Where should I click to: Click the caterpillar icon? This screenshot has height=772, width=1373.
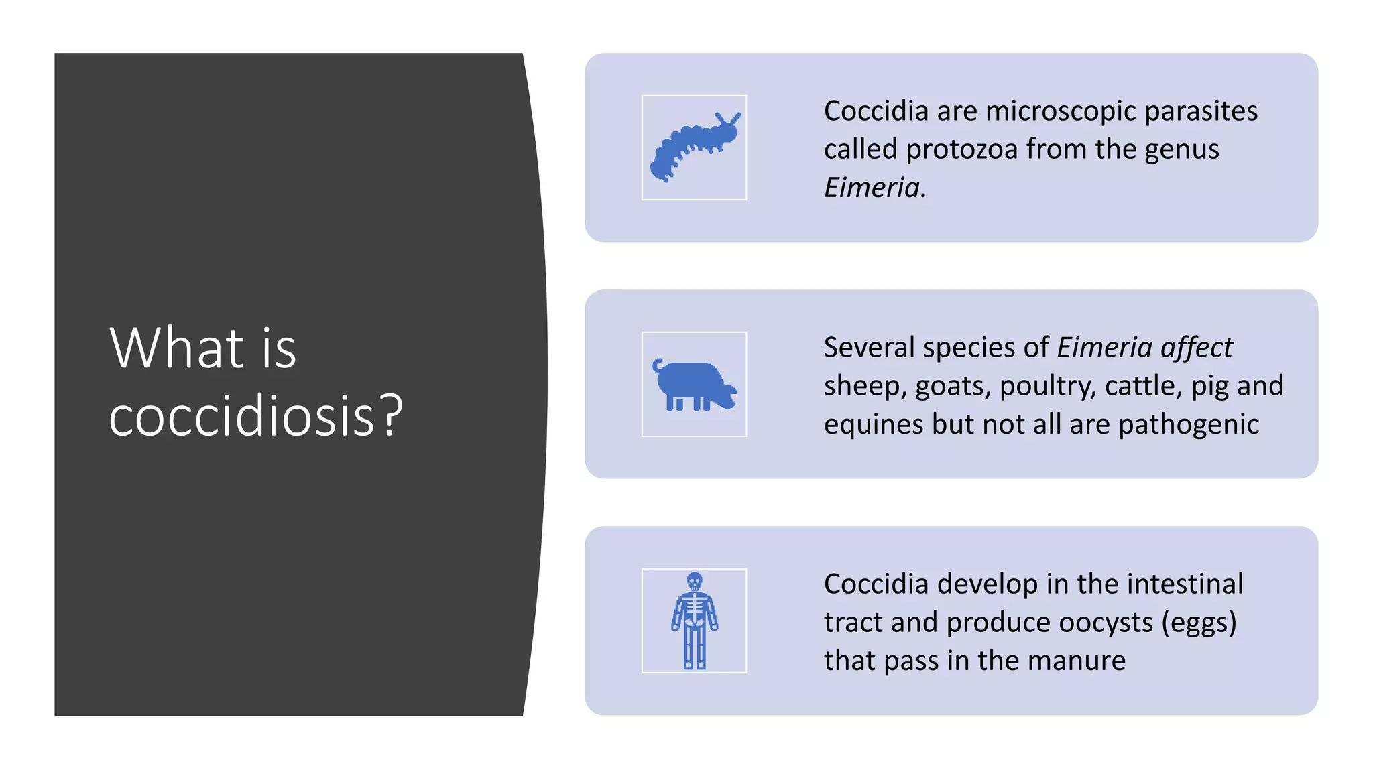[694, 148]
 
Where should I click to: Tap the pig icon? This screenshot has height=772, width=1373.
[694, 385]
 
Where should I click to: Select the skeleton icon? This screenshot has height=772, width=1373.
[694, 621]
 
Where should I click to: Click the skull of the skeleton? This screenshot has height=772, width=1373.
[695, 580]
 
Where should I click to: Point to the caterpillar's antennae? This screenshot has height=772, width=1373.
[728, 119]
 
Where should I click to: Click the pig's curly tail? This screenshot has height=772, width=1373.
[658, 365]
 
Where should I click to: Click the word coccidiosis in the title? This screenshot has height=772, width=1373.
[241, 416]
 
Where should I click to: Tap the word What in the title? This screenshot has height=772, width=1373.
[176, 348]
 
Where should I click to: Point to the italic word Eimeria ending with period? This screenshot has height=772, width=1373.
[874, 188]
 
